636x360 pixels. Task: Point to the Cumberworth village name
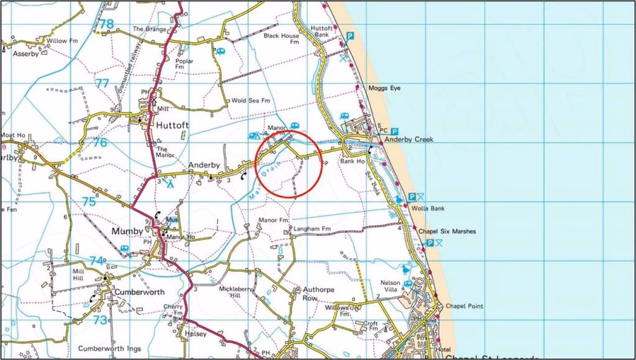coord(139,292)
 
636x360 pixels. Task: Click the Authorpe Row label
coord(301,293)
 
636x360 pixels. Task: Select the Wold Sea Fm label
coord(251,100)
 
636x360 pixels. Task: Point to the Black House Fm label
coord(281,39)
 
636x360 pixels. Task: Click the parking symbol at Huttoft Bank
coord(349,37)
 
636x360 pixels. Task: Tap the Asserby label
coord(26,54)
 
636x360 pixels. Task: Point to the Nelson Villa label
coord(391,286)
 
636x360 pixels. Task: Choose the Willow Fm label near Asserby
coord(57,41)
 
